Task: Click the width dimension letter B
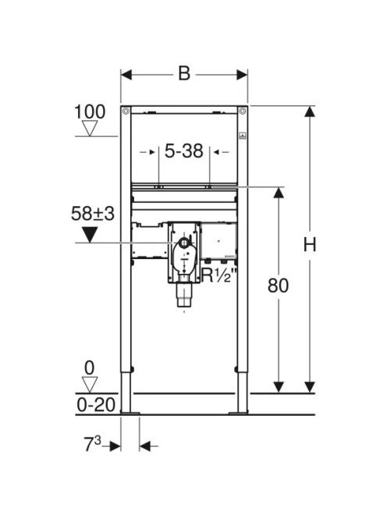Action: coord(184,73)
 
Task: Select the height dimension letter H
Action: coord(310,245)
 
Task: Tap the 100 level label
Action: coord(90,112)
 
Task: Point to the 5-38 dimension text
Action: coord(184,151)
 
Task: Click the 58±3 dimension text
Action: coord(93,213)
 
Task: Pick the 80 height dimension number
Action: coord(278,286)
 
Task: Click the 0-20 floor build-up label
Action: coord(96,405)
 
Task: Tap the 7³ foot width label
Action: coord(93,445)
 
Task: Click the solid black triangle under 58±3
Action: coord(90,235)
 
